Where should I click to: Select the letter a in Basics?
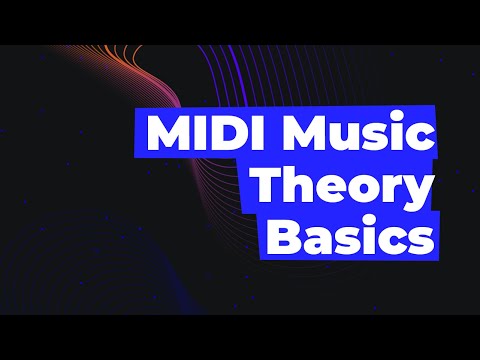tap(316, 244)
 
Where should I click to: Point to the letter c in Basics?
tap(392, 244)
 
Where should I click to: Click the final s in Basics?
tap(419, 244)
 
